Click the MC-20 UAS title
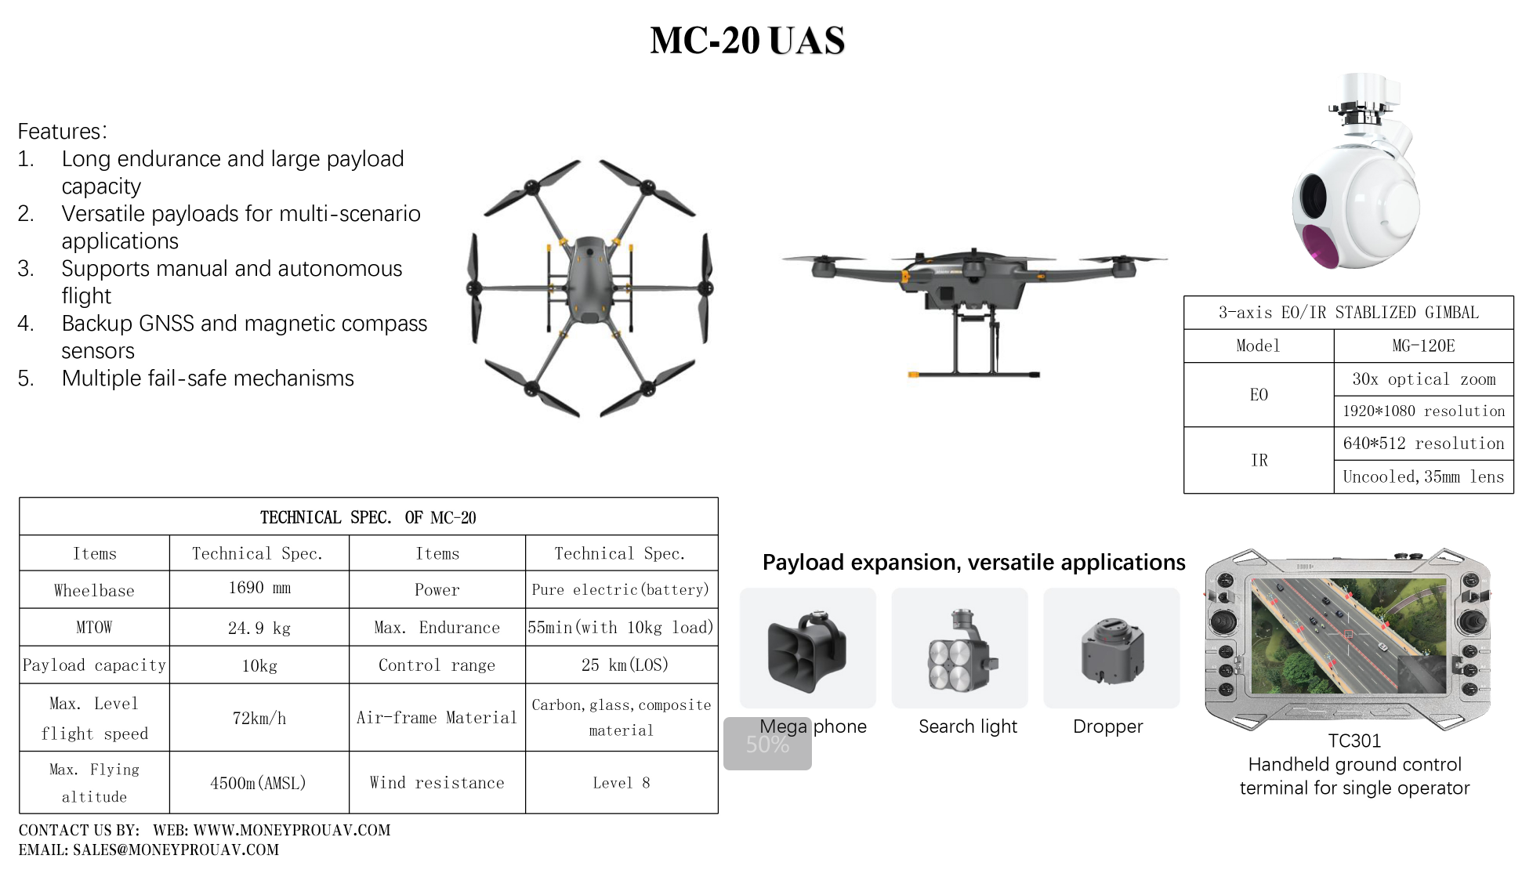point(748,40)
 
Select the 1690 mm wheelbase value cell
point(259,589)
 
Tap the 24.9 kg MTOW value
point(259,628)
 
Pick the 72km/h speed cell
point(259,718)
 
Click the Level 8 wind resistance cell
point(621,783)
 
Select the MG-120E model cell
point(1423,346)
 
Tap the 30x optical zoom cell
point(1423,379)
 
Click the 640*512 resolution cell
point(1423,444)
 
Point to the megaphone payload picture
point(807,650)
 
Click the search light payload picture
point(961,650)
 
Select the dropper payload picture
point(1111,650)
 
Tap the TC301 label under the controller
point(1354,741)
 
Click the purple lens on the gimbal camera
point(1319,244)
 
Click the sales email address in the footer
point(176,849)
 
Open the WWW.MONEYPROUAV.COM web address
point(292,830)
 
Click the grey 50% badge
point(767,744)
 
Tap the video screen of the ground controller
point(1349,636)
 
